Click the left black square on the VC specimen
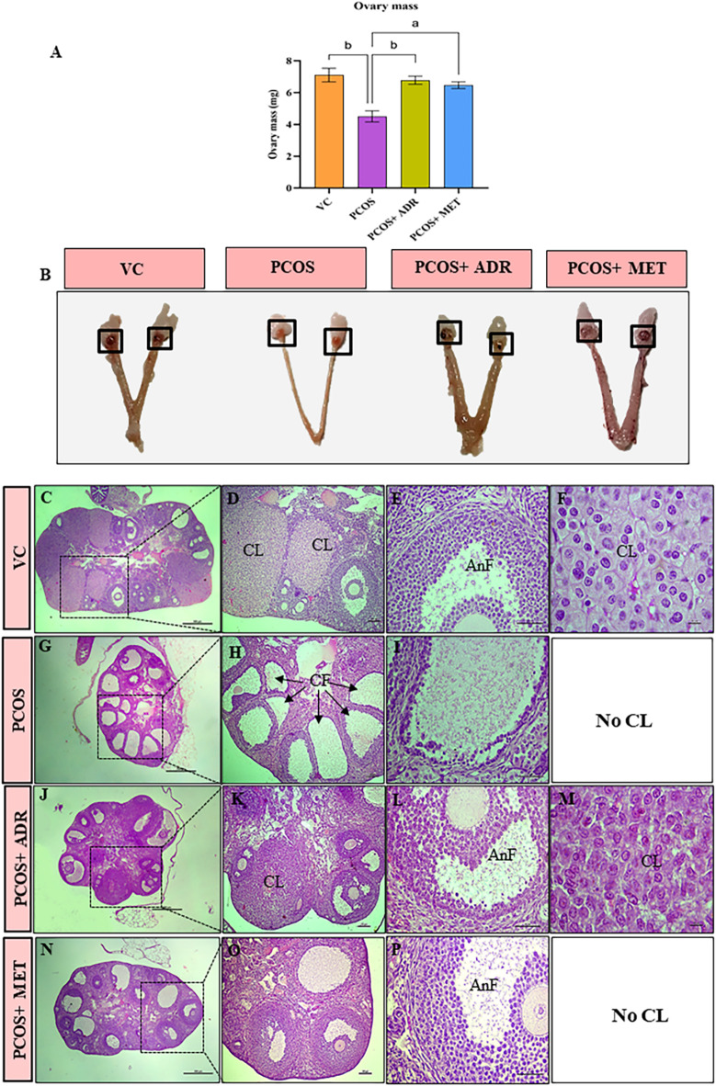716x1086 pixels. [x=110, y=340]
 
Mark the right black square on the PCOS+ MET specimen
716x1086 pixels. [x=643, y=336]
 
